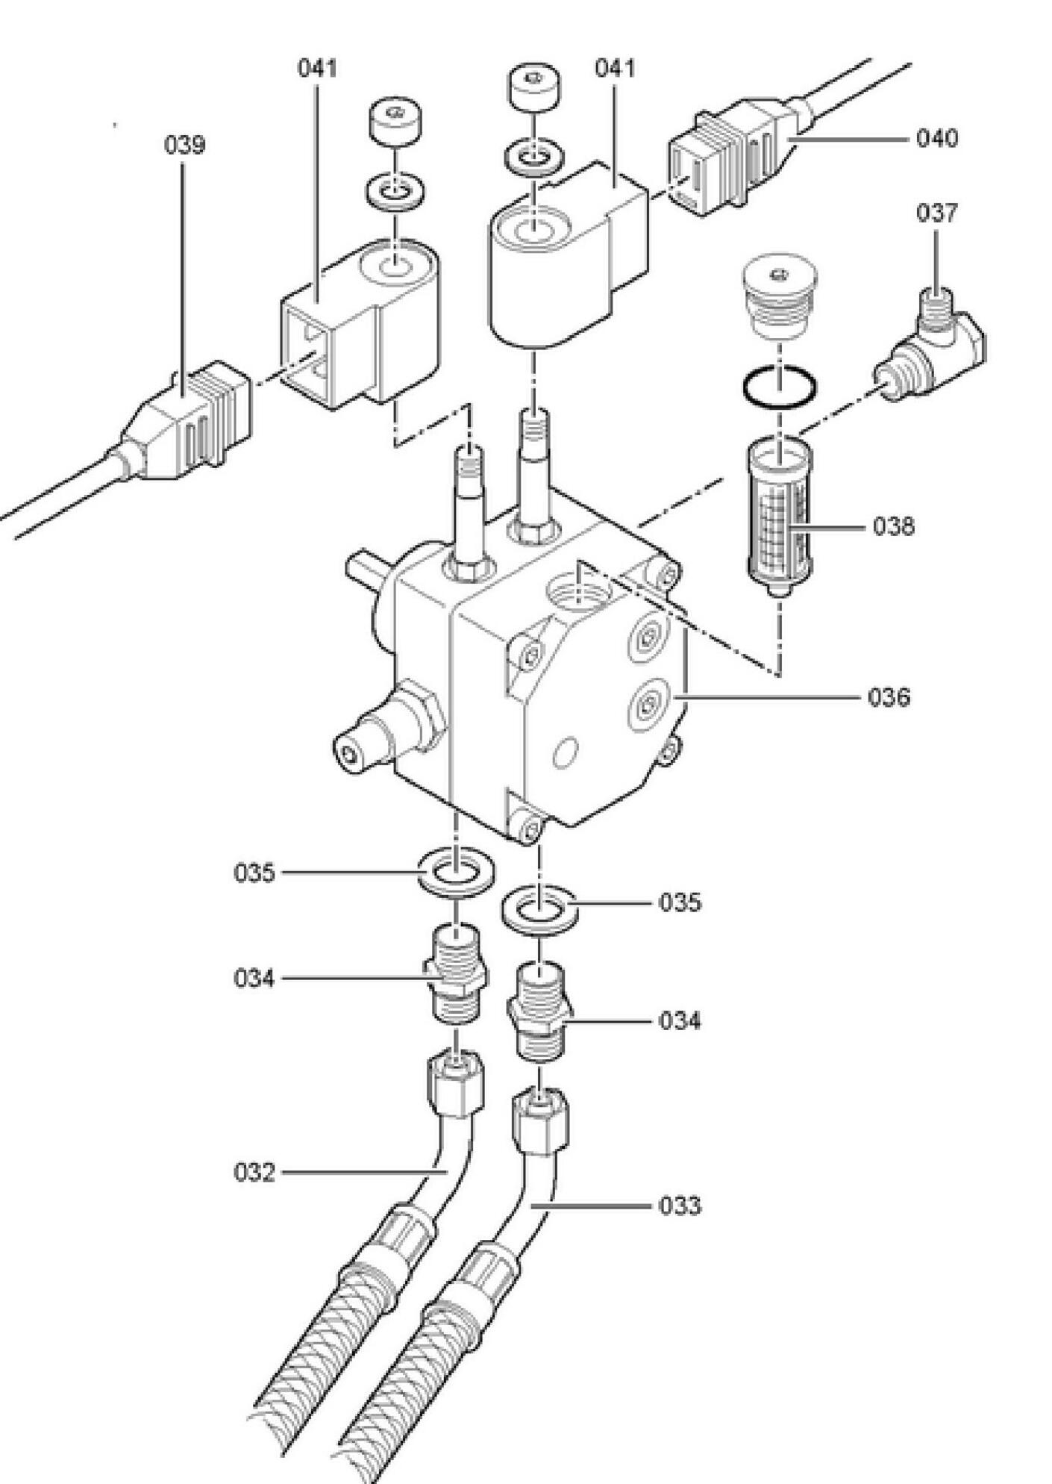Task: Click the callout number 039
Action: tap(184, 145)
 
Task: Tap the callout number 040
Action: tap(937, 138)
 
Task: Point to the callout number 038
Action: tap(894, 526)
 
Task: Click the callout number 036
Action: tap(889, 697)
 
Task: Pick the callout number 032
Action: tap(254, 1172)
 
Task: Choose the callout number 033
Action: tap(680, 1206)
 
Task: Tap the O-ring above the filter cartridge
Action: tap(779, 387)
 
